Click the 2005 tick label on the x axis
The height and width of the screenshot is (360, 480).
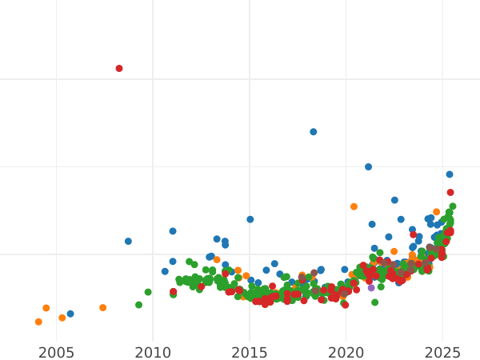(56, 352)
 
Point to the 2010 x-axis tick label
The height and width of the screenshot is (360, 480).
(153, 352)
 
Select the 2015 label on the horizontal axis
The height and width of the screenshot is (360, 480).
(250, 352)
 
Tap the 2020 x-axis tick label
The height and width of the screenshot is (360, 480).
(346, 352)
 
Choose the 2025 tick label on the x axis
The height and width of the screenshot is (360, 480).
(443, 352)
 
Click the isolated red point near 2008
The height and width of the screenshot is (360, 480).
(119, 69)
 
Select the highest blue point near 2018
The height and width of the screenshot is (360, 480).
(314, 132)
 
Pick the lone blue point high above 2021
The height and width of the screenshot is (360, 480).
(369, 167)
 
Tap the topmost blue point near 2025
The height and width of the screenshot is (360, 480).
(450, 174)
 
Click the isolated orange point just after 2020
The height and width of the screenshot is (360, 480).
(354, 206)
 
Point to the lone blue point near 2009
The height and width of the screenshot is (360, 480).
(128, 242)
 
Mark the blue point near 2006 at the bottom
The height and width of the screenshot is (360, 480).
(70, 314)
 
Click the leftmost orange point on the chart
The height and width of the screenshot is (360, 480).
(38, 322)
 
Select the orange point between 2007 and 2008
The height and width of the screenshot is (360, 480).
(103, 308)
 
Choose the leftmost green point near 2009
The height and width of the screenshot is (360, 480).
(138, 305)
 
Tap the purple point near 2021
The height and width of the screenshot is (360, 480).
(371, 288)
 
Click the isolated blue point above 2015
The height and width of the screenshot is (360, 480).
(250, 219)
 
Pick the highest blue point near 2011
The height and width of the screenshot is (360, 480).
(173, 231)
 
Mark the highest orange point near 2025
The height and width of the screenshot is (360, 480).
(437, 212)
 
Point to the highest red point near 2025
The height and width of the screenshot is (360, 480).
(450, 193)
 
